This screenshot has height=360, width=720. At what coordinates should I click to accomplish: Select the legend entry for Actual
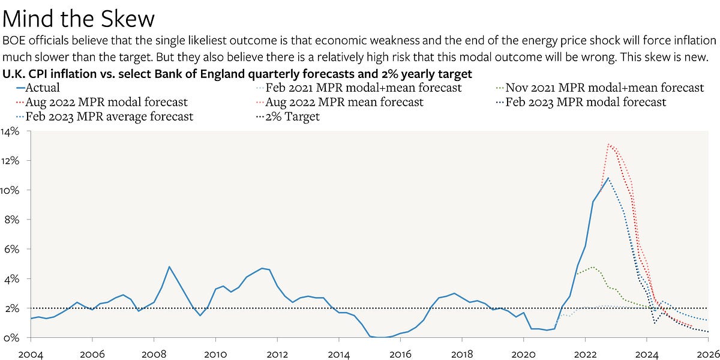(x=40, y=88)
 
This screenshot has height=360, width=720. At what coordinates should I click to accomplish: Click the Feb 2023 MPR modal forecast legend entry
(x=586, y=102)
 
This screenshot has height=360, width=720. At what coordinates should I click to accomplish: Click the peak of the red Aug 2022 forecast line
(x=609, y=144)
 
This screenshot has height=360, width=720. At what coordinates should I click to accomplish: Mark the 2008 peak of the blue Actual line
(x=169, y=266)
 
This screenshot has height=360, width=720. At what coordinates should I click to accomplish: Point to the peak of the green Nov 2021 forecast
(x=593, y=267)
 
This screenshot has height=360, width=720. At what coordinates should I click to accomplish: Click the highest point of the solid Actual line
(x=608, y=178)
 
